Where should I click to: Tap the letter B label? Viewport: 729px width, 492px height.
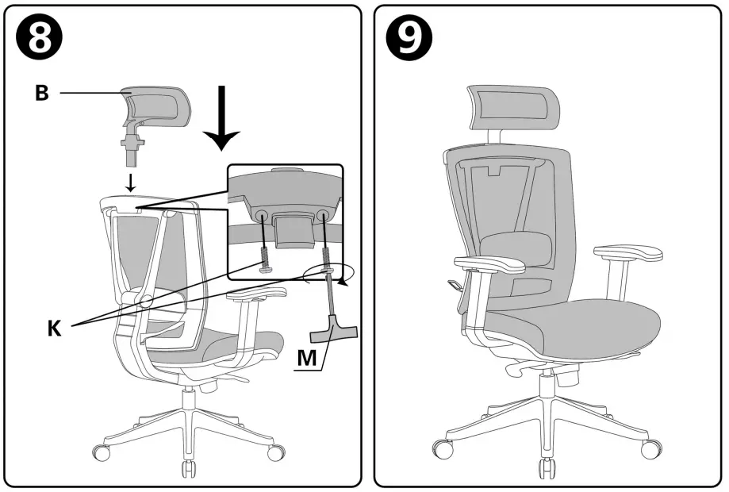click(41, 93)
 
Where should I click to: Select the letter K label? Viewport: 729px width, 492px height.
click(54, 328)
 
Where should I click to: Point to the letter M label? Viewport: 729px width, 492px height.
click(308, 359)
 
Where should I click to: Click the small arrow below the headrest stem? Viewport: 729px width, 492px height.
click(132, 182)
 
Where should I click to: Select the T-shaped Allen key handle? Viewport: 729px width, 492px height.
click(336, 327)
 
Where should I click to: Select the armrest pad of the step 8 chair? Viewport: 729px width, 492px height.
click(257, 296)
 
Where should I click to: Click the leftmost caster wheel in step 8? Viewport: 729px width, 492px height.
click(102, 454)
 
